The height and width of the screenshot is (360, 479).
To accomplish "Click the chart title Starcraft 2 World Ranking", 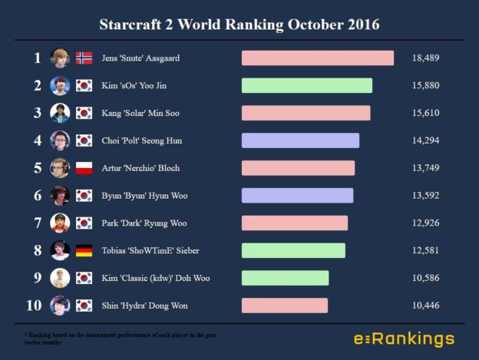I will (x=239, y=24).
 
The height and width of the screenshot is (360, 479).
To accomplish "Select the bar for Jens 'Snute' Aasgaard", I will (x=317, y=58).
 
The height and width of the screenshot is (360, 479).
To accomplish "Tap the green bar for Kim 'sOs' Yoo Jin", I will (x=306, y=86).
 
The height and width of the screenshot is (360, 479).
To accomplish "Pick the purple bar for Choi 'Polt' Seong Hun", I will (x=300, y=140).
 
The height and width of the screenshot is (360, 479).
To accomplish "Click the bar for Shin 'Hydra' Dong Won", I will (x=284, y=306).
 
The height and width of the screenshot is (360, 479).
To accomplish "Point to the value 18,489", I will (x=425, y=58).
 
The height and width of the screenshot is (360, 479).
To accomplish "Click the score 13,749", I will (x=425, y=168).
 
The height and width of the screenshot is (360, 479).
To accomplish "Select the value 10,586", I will (x=425, y=278).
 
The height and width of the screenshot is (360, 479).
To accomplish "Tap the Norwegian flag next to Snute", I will (x=84, y=58).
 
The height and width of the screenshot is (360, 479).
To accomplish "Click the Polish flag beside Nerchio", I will (x=84, y=168).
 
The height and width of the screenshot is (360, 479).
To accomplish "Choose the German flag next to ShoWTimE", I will (x=84, y=251).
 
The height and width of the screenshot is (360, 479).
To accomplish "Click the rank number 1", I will (x=37, y=58).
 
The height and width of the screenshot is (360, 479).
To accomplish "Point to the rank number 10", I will (x=34, y=306).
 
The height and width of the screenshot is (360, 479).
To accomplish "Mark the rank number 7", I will (x=37, y=223).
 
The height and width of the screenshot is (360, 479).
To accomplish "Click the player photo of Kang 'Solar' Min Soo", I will (x=60, y=113).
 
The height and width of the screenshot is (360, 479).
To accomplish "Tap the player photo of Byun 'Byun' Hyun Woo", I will (x=60, y=196).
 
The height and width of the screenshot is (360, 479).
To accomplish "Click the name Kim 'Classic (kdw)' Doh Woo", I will (x=155, y=278).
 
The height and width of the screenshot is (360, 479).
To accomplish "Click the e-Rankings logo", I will (x=404, y=339).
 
